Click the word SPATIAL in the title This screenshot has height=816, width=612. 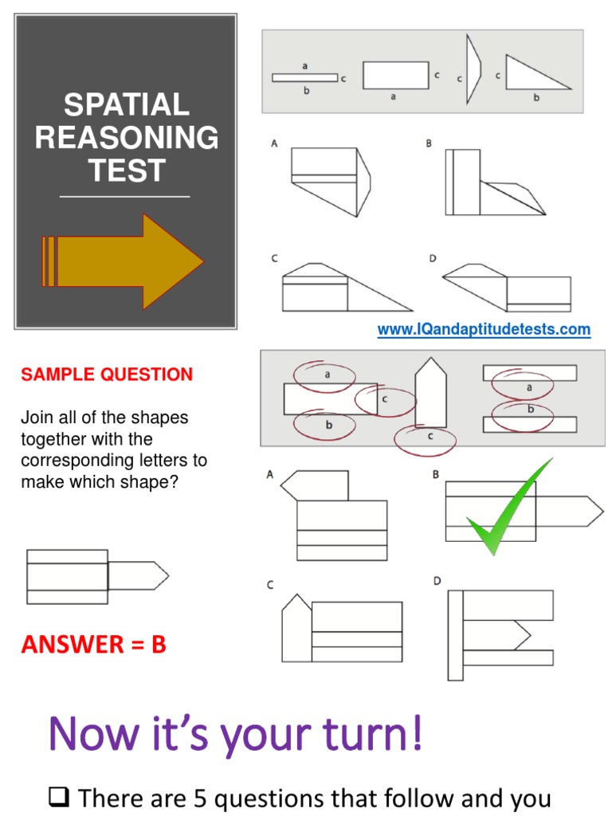point(126,104)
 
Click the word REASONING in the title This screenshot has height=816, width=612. point(126,138)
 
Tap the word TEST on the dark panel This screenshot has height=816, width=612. point(126,171)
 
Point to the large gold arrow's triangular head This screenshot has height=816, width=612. point(171,261)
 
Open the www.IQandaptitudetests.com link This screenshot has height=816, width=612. point(484,329)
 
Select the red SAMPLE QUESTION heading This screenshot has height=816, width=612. point(107,375)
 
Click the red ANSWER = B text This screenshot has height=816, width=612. point(94,645)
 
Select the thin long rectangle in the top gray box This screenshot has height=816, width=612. point(304,78)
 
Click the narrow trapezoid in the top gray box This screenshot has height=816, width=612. point(473,73)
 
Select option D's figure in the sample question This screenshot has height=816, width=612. point(500,634)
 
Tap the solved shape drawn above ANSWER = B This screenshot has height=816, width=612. point(96,576)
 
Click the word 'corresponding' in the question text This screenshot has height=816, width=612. point(70,461)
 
